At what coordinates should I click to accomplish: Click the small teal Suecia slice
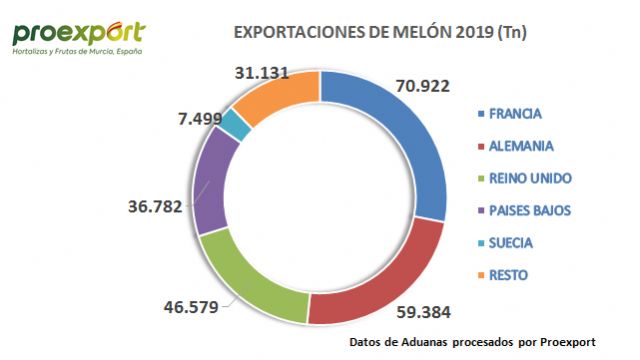235,125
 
